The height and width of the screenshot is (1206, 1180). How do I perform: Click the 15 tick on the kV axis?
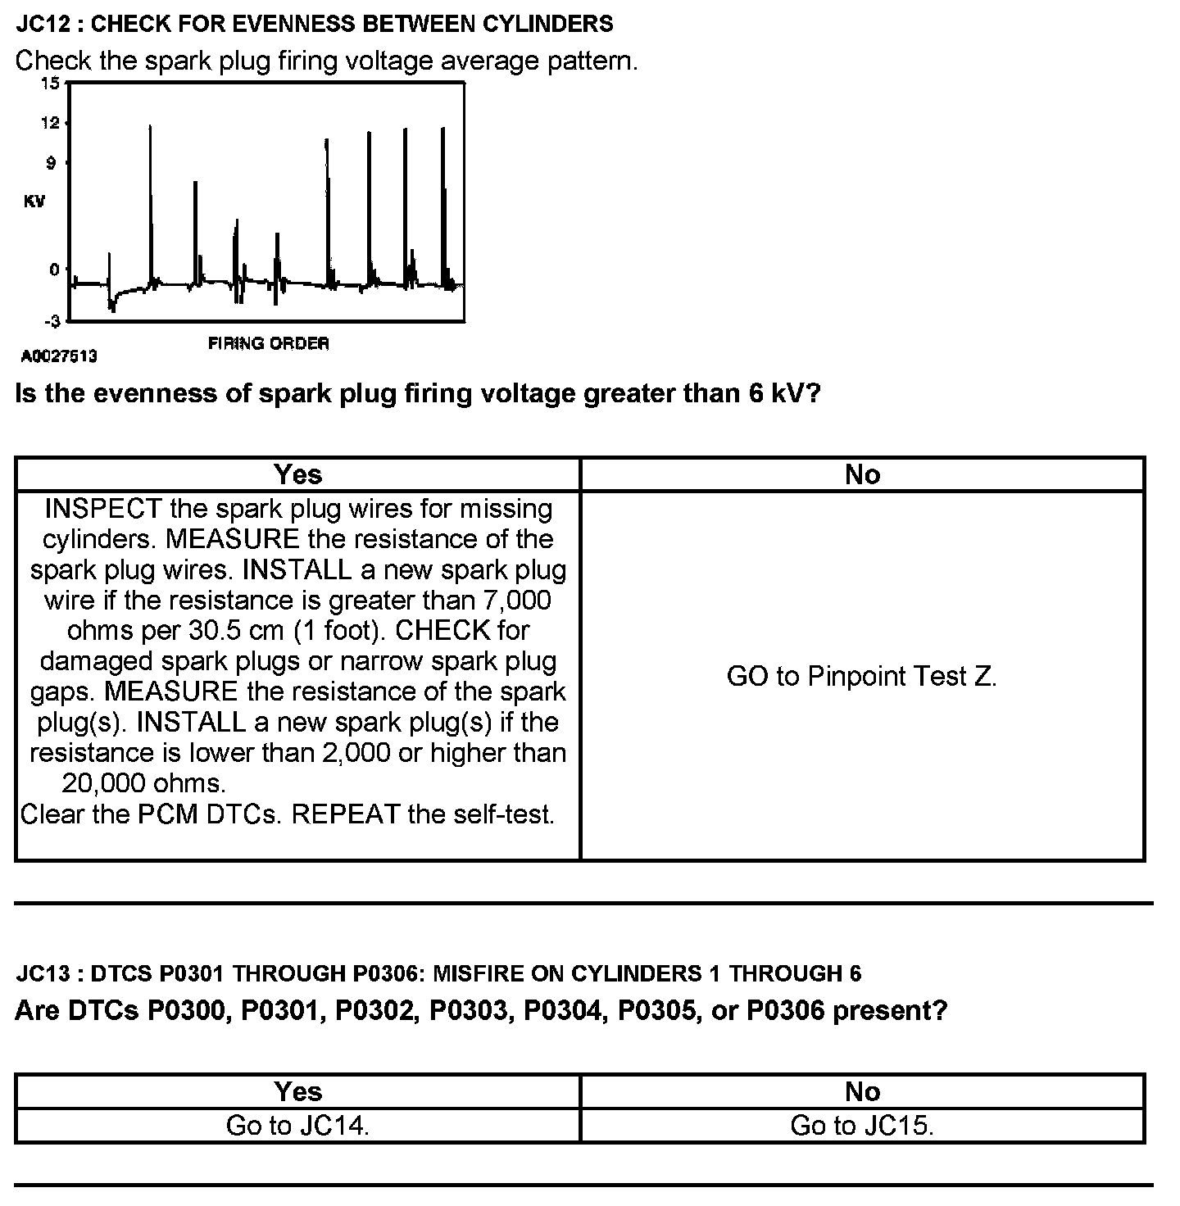50,84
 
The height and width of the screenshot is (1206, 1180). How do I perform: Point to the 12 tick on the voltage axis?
50,124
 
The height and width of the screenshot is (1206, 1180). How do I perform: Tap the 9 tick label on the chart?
51,164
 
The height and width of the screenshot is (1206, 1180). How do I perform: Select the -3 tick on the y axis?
52,320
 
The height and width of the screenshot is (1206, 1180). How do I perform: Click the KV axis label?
34,202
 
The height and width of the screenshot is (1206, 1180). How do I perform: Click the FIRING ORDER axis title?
268,343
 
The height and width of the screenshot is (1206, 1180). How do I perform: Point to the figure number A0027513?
58,356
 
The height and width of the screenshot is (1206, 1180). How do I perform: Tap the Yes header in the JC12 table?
297,474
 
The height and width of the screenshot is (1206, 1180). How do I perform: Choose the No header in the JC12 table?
862,474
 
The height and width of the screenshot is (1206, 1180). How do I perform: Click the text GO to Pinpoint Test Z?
861,676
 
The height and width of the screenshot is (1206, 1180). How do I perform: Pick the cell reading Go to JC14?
297,1126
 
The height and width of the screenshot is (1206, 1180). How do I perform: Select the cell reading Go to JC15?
862,1126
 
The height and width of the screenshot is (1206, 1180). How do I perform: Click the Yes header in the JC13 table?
297,1091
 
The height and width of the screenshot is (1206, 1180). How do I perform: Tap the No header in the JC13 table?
862,1091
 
